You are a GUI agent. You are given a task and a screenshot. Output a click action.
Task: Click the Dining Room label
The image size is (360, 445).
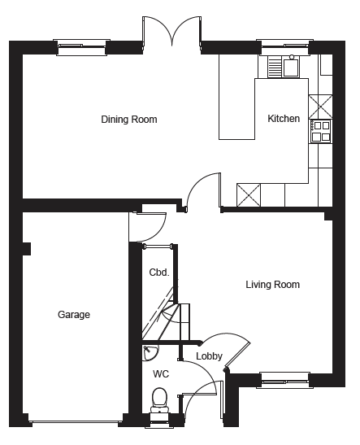pyautogui.click(x=129, y=120)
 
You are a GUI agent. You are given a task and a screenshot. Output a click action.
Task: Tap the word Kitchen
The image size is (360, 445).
pyautogui.click(x=284, y=118)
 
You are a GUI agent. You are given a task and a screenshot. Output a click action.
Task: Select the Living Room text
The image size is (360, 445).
pyautogui.click(x=273, y=285)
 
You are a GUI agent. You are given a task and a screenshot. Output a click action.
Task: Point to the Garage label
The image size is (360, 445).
pyautogui.click(x=74, y=315)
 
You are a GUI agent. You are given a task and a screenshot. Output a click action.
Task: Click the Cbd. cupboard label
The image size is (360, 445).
pyautogui.click(x=159, y=273)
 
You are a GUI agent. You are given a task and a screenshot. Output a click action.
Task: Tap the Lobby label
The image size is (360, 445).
pyautogui.click(x=209, y=356)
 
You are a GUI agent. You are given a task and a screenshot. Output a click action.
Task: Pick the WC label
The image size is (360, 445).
pyautogui.click(x=161, y=373)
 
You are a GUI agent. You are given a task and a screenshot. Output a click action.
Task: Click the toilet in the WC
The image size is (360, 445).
pyautogui.click(x=159, y=401)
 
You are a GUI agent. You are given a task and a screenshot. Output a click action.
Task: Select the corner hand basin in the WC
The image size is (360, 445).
pyautogui.click(x=150, y=352)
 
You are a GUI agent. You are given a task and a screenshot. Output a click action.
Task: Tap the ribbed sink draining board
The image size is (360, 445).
pyautogui.click(x=275, y=67)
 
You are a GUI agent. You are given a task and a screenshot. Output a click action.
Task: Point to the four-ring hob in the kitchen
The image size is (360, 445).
pyautogui.click(x=321, y=132)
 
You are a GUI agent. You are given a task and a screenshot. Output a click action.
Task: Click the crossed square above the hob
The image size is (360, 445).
pyautogui.click(x=320, y=107)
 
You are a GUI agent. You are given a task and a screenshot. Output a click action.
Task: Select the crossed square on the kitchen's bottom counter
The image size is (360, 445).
pyautogui.click(x=249, y=195)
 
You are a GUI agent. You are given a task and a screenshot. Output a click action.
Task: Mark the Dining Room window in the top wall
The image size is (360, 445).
pyautogui.click(x=81, y=47)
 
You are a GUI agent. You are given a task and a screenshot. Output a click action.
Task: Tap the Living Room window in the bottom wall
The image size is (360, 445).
pyautogui.click(x=285, y=380)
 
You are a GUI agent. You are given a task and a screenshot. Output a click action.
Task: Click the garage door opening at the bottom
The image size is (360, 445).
pyautogui.click(x=75, y=422)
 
